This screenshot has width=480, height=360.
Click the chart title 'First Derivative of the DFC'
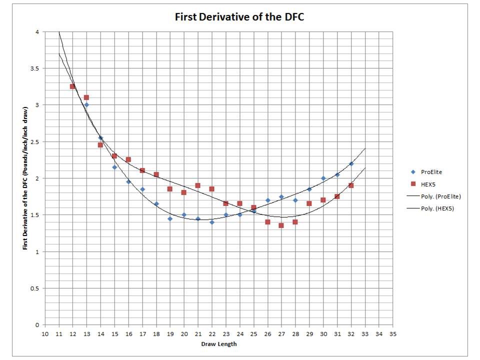tap(239, 17)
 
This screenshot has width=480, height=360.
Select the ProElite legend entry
tap(431, 171)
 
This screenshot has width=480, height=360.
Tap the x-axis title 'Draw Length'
tap(218, 344)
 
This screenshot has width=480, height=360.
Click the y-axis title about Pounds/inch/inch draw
tap(25, 178)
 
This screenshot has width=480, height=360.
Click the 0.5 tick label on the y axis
tap(34, 288)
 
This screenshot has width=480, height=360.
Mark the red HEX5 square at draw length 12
tap(72, 86)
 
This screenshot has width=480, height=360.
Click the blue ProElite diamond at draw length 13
tap(86, 105)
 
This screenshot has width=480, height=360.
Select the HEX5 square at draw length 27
tap(281, 225)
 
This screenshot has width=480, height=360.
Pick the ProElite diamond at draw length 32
tap(351, 163)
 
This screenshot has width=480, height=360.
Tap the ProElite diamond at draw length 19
tap(170, 218)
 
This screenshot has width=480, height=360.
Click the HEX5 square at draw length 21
tap(198, 185)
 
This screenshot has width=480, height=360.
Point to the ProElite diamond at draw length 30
tap(323, 178)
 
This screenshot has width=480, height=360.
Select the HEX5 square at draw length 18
tap(156, 174)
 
